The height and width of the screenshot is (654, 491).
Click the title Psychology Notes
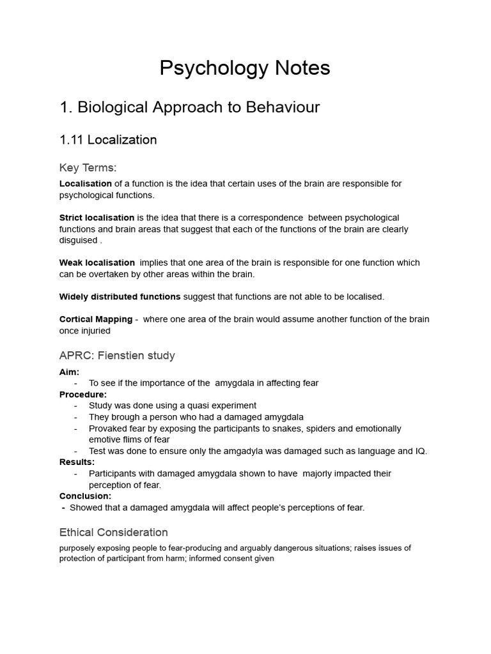click(x=245, y=68)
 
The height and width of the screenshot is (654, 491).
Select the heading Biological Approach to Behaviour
click(x=189, y=107)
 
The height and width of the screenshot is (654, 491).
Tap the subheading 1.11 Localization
click(x=108, y=140)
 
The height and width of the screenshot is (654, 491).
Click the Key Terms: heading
click(x=88, y=168)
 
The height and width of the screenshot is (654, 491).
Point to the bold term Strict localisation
click(x=97, y=218)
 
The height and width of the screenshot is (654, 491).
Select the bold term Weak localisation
click(x=97, y=262)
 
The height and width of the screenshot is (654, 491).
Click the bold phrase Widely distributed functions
click(x=120, y=296)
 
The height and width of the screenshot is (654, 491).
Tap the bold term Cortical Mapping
click(x=96, y=319)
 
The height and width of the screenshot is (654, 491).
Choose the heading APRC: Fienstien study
click(x=117, y=355)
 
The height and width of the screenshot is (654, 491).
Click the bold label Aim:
click(x=69, y=372)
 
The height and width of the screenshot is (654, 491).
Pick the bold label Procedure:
click(x=83, y=395)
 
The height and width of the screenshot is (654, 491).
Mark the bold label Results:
click(x=77, y=462)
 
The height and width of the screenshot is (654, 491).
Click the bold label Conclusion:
click(x=85, y=496)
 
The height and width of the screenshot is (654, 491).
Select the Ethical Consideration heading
click(x=114, y=532)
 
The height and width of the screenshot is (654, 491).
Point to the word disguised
click(x=79, y=241)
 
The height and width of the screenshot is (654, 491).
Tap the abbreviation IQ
click(x=420, y=451)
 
